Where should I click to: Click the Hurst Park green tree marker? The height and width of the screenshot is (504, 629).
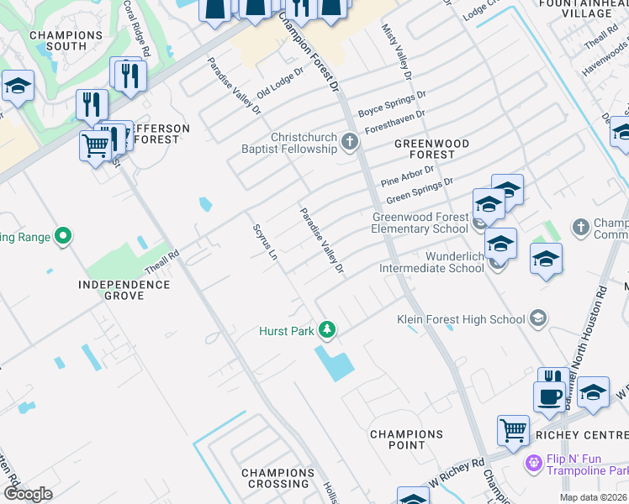pyautogui.click(x=327, y=331)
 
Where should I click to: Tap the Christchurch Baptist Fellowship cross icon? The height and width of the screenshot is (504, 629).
pyautogui.click(x=351, y=143)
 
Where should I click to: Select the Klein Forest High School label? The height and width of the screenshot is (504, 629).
pyautogui.click(x=461, y=319)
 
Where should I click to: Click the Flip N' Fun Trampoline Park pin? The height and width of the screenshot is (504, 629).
pyautogui.click(x=531, y=462)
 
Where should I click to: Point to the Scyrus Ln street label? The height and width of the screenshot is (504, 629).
pyautogui.click(x=264, y=242)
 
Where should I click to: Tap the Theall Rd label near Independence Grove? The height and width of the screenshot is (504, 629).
pyautogui.click(x=161, y=255)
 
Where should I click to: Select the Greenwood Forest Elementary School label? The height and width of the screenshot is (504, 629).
pyautogui.click(x=420, y=223)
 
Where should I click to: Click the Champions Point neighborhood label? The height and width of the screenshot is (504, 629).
pyautogui.click(x=406, y=439)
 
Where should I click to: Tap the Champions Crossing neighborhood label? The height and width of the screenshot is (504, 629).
pyautogui.click(x=278, y=478)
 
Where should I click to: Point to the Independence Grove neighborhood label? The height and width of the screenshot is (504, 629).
pyautogui.click(x=124, y=290)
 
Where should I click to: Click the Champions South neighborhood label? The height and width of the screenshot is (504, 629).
pyautogui.click(x=66, y=40)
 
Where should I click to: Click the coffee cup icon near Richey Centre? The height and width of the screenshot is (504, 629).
pyautogui.click(x=548, y=395)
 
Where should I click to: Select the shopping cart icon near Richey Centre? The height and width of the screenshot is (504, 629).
pyautogui.click(x=512, y=430)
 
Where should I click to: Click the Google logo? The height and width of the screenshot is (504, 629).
pyautogui.click(x=29, y=494)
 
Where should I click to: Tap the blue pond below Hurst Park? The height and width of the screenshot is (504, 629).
pyautogui.click(x=334, y=362)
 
